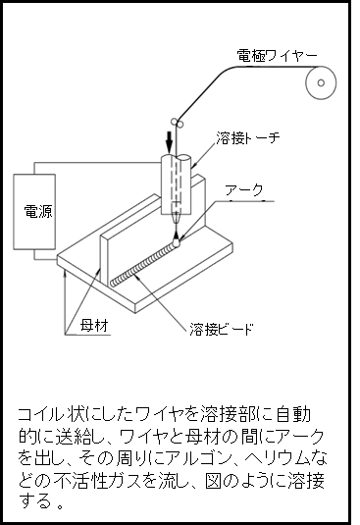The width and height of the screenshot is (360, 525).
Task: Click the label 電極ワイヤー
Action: coord(277,56)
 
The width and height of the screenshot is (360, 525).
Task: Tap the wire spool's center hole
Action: coord(321,82)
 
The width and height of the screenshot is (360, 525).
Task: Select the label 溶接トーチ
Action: coord(248,137)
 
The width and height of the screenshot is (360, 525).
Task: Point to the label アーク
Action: coord(244,190)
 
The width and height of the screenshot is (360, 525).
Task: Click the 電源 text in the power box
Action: coord(38,212)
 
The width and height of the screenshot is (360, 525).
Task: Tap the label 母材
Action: coord(94,325)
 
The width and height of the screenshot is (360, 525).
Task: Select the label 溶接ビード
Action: coord(222,329)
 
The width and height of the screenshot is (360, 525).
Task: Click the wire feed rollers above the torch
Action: coord(177,123)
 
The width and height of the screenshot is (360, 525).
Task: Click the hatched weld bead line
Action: coord(143,265)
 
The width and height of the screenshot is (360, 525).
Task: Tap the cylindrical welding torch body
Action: coord(176,184)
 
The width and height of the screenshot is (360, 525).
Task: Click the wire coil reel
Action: coord(321,82)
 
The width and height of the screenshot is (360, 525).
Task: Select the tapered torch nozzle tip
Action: coord(177,219)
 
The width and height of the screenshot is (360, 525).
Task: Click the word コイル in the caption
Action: coord(40,414)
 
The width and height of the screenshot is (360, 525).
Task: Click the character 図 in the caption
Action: coord(213,481)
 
